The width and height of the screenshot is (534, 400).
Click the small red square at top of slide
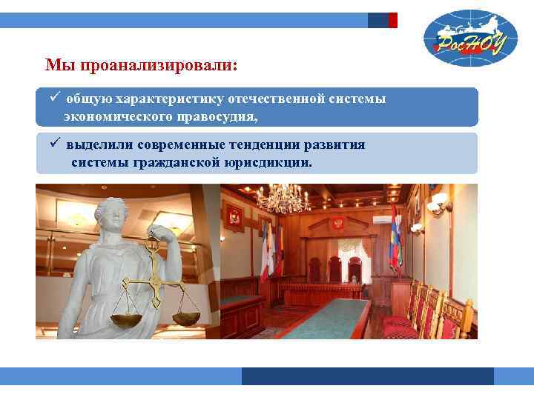(393, 20)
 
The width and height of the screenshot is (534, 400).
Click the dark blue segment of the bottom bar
(367, 376)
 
